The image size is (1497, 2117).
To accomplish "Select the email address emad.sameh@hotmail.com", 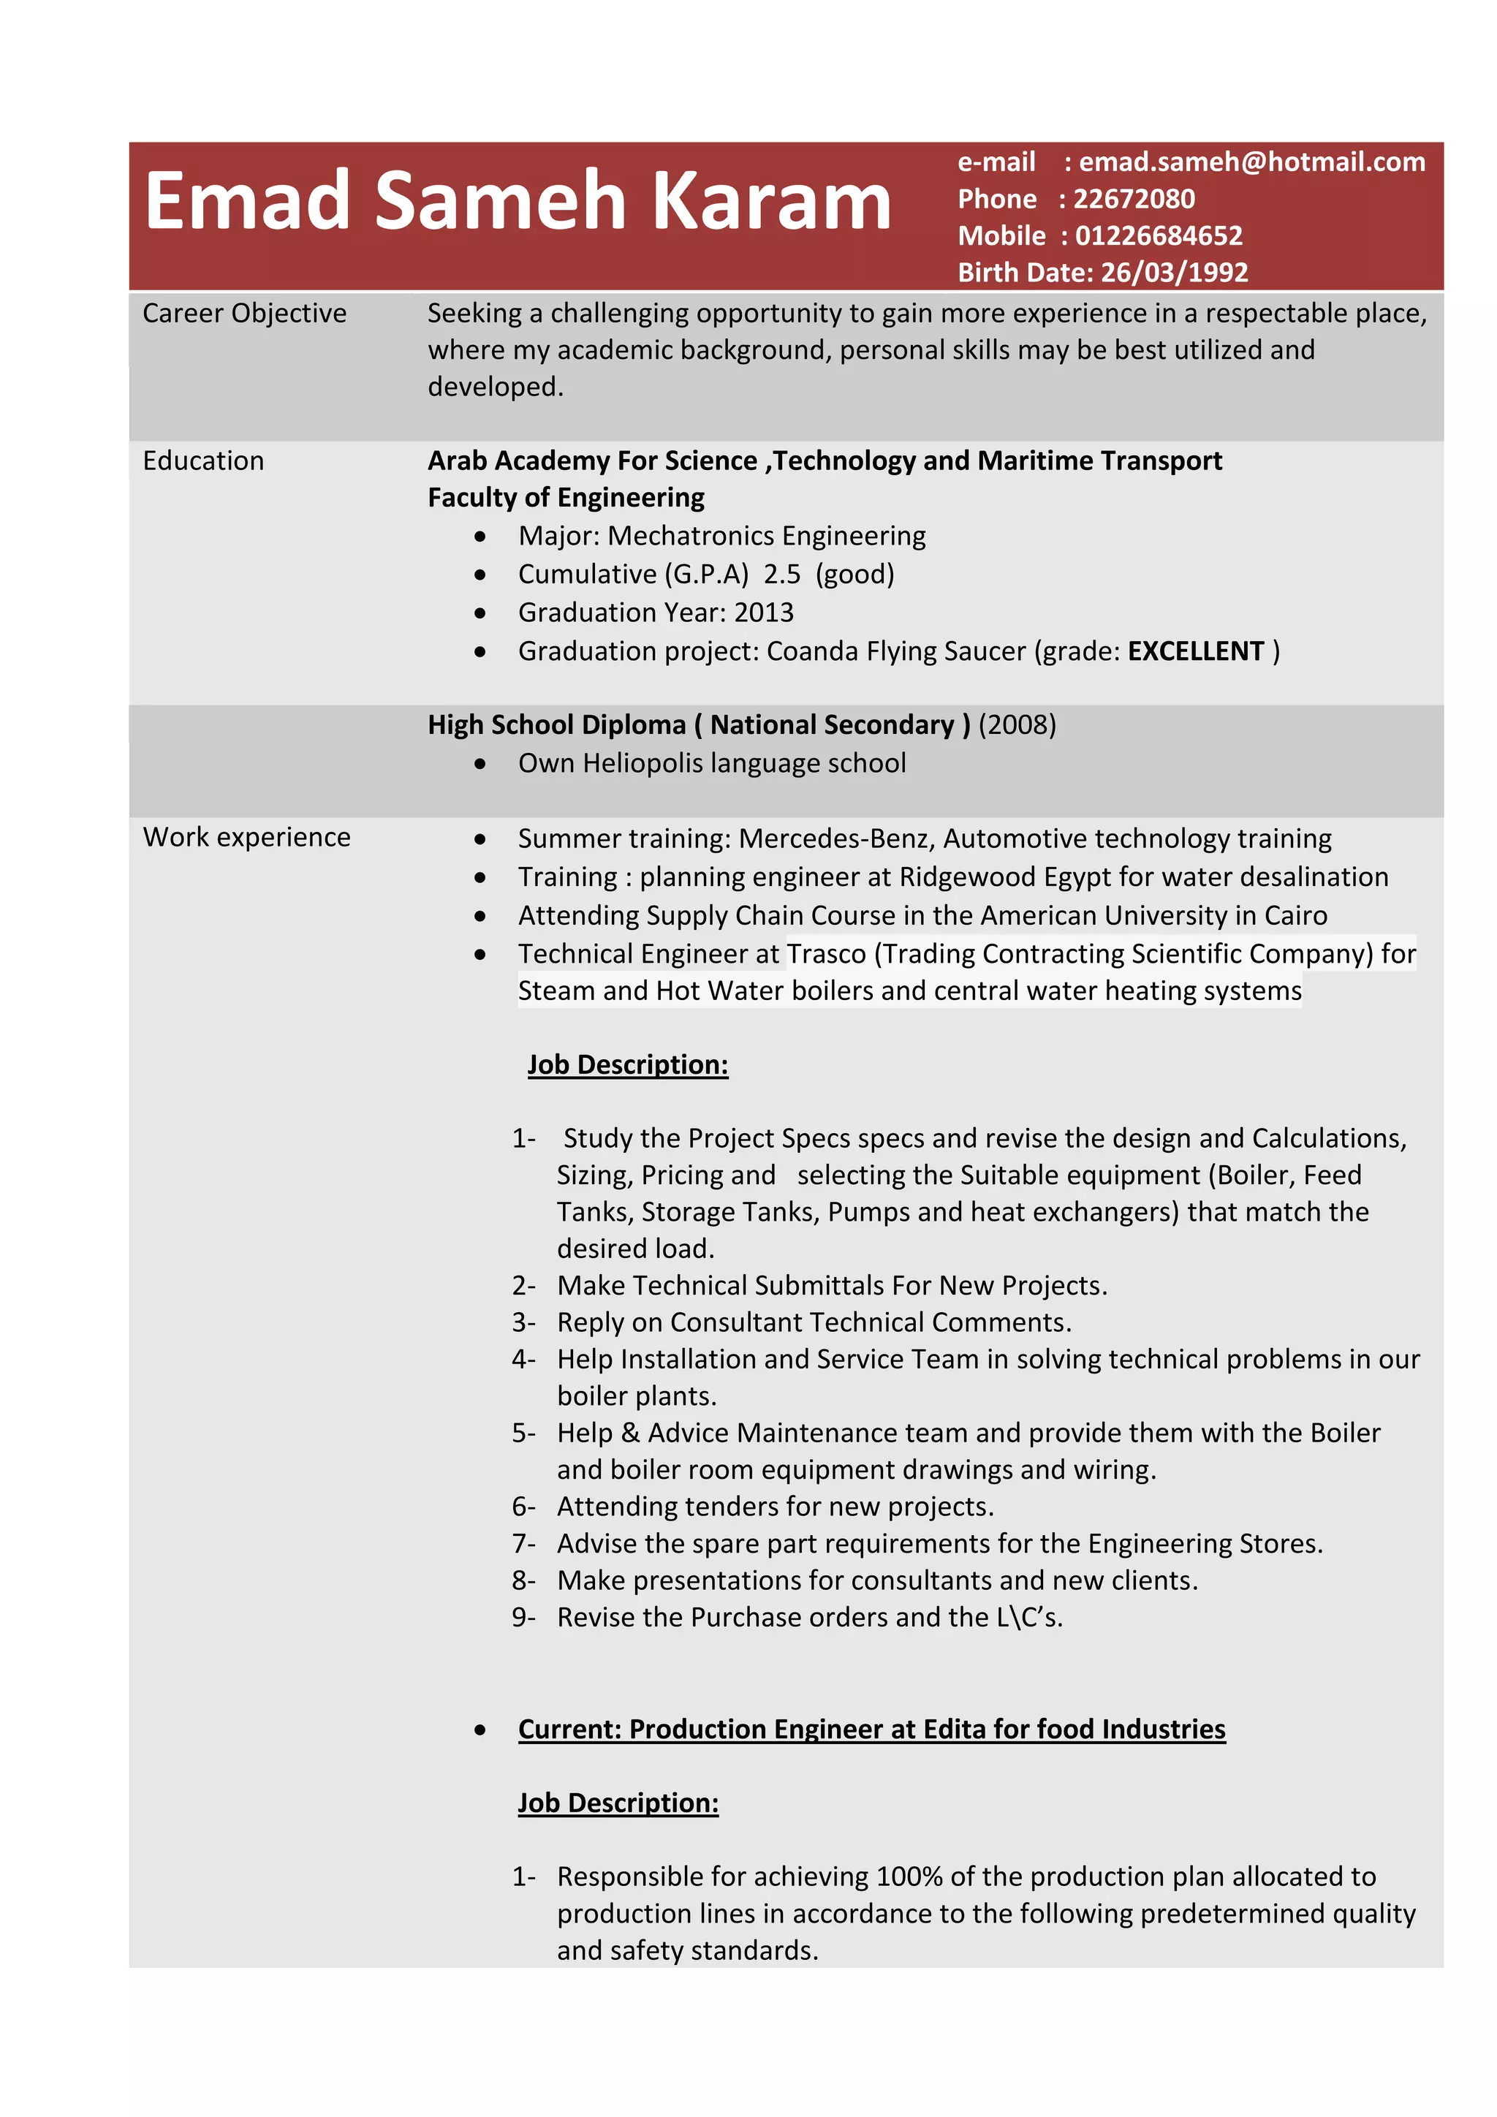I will (1252, 162).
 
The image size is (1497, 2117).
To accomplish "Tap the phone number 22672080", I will (1134, 199).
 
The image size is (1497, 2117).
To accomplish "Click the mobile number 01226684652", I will (1159, 236).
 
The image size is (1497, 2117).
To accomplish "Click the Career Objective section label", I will (244, 314).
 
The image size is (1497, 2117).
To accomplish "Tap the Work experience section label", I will (246, 837).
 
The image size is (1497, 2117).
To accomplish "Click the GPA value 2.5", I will (781, 575).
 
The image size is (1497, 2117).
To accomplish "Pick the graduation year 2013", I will (763, 613).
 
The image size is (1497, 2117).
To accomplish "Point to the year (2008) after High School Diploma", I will (1017, 724).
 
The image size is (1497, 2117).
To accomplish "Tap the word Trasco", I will (826, 953).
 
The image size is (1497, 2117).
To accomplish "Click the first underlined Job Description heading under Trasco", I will (628, 1065).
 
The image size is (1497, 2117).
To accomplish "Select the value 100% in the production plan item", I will (908, 1876).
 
